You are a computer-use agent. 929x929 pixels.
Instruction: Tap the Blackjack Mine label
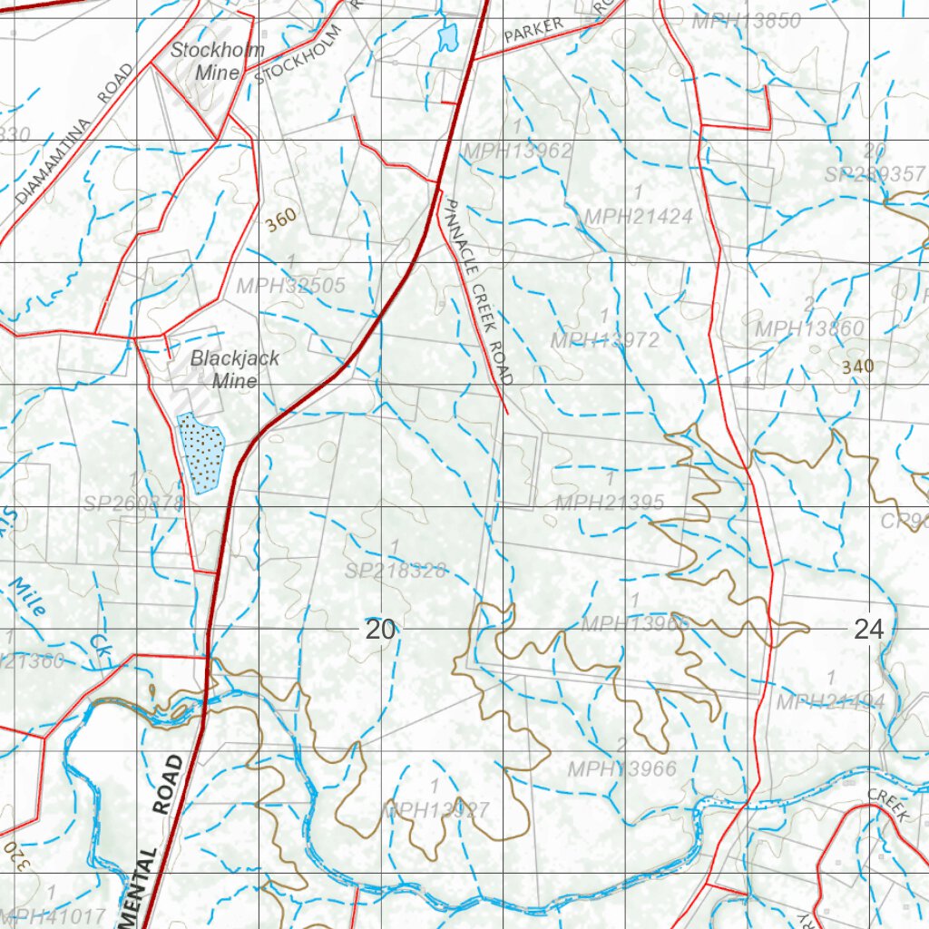[234, 369]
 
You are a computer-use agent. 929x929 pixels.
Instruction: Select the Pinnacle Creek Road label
[477, 291]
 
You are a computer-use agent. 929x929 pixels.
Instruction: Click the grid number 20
[380, 629]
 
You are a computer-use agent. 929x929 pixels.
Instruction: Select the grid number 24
[868, 629]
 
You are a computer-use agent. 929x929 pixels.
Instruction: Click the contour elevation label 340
[857, 367]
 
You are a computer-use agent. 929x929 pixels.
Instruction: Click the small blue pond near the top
[447, 37]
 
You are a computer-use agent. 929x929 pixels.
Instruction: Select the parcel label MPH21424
[639, 216]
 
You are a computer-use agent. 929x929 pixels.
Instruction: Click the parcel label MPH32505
[291, 286]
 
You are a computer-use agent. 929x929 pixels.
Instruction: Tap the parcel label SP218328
[396, 570]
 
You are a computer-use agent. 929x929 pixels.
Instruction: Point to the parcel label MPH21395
[610, 502]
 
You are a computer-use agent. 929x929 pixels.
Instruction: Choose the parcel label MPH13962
[517, 151]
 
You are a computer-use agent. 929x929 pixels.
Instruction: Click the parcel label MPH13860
[809, 328]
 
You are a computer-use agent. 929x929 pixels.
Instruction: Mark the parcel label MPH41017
[54, 915]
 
